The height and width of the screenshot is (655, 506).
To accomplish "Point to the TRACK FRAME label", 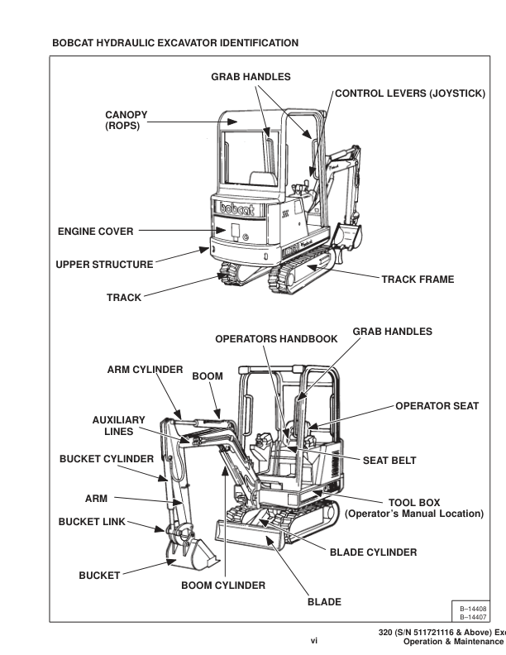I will [x=418, y=280].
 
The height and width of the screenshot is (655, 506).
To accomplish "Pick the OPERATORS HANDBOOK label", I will [x=276, y=339].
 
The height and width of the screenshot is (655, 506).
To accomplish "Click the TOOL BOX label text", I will [x=414, y=502].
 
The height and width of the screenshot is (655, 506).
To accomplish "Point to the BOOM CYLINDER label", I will [x=223, y=586].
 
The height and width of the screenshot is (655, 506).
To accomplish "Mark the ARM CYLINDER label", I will [x=146, y=370].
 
